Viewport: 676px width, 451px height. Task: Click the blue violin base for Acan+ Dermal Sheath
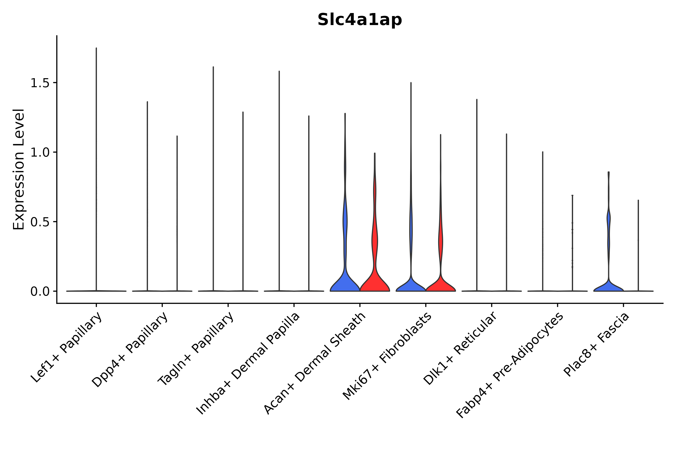pos(345,285)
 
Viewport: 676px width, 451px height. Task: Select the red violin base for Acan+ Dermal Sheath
pos(375,285)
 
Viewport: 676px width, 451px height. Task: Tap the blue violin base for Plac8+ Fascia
pos(608,288)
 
